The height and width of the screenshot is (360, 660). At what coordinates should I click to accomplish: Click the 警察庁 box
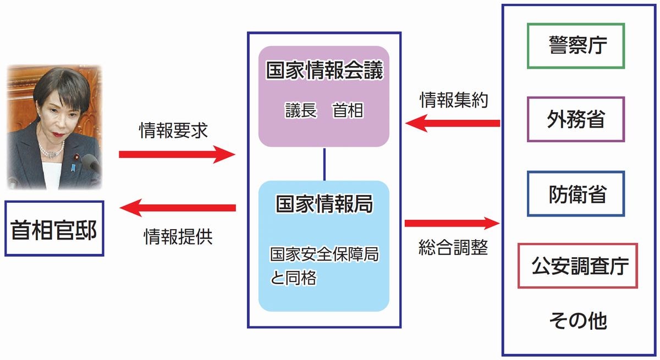click(x=576, y=46)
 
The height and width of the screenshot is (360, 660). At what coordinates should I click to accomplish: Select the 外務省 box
click(x=576, y=119)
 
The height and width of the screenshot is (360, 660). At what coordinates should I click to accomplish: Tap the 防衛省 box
click(x=576, y=193)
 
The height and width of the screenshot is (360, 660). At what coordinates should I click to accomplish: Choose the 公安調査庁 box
click(x=578, y=266)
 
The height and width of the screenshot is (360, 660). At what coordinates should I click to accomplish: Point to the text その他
click(x=578, y=320)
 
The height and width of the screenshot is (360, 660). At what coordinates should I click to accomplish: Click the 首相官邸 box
click(x=54, y=231)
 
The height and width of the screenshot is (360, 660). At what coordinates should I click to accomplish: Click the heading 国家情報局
click(x=324, y=204)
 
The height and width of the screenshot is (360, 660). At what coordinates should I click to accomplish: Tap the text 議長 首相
click(x=324, y=110)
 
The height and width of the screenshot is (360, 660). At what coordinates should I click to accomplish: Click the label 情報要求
click(x=173, y=132)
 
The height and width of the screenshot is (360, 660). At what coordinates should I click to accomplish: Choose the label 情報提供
click(x=177, y=236)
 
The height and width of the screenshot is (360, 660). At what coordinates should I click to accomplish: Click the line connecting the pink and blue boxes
click(x=324, y=164)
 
